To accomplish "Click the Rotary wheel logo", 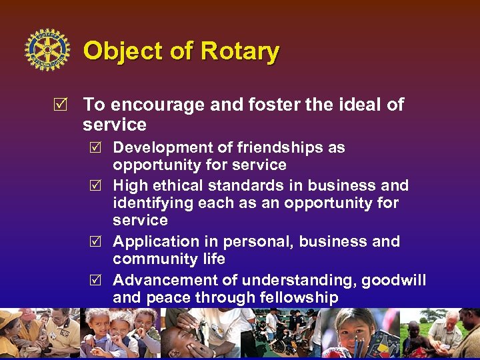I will coord(47,50).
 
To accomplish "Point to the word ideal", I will coord(359,105).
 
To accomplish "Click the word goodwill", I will coord(393,280).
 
